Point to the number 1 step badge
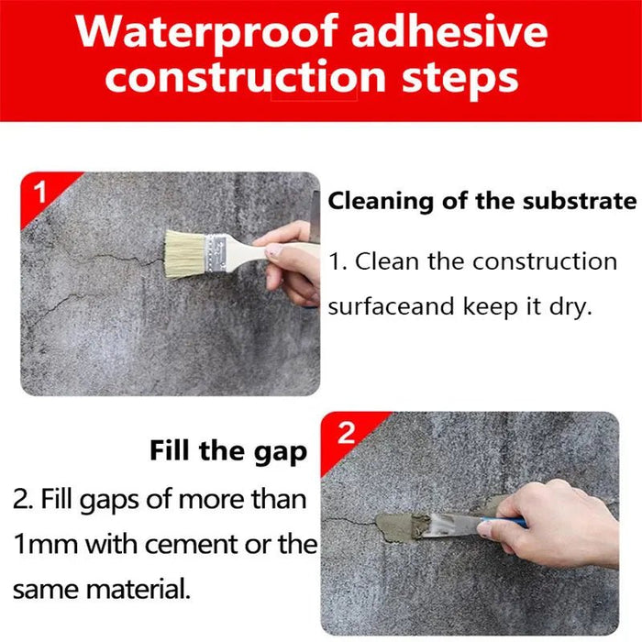(39, 193)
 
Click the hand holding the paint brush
(292, 261)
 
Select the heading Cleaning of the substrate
(482, 201)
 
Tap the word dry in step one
(570, 306)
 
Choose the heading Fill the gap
(228, 451)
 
